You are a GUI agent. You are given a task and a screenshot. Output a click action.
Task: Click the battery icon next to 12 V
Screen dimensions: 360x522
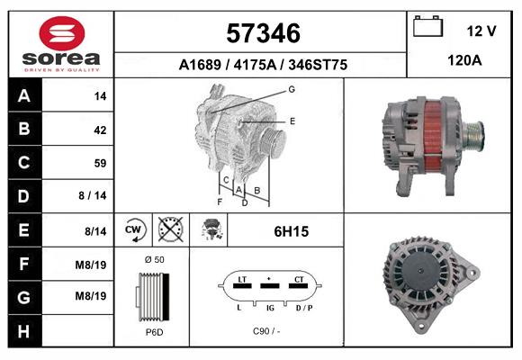pyautogui.click(x=427, y=27)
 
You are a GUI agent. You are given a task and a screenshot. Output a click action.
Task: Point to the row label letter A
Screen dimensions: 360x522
pyautogui.click(x=23, y=95)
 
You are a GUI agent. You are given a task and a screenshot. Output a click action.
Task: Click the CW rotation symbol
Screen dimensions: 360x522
pyautogui.click(x=135, y=230)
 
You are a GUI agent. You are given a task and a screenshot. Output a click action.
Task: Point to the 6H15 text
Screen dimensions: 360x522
pyautogui.click(x=292, y=231)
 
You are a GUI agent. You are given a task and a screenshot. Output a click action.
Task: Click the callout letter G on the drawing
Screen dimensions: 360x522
pyautogui.click(x=292, y=90)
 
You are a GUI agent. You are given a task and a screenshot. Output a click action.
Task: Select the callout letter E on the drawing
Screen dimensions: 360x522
pyautogui.click(x=292, y=121)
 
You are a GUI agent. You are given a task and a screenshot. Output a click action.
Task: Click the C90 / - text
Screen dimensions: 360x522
pyautogui.click(x=267, y=332)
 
